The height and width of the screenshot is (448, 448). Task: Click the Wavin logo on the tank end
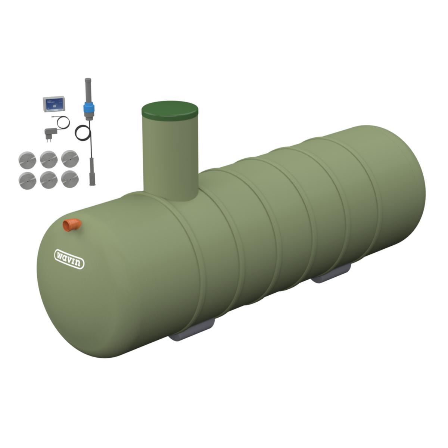69,258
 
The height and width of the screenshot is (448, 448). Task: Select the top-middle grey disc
48,159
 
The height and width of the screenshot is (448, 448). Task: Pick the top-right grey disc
69,159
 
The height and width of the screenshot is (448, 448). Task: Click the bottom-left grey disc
27,179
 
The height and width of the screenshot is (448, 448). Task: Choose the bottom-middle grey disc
48,179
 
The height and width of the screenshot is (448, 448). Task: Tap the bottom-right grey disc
69,179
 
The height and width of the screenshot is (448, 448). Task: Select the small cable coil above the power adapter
62,122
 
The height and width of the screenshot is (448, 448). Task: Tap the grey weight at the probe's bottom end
91,174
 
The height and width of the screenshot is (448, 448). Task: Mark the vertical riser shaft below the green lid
170,157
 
